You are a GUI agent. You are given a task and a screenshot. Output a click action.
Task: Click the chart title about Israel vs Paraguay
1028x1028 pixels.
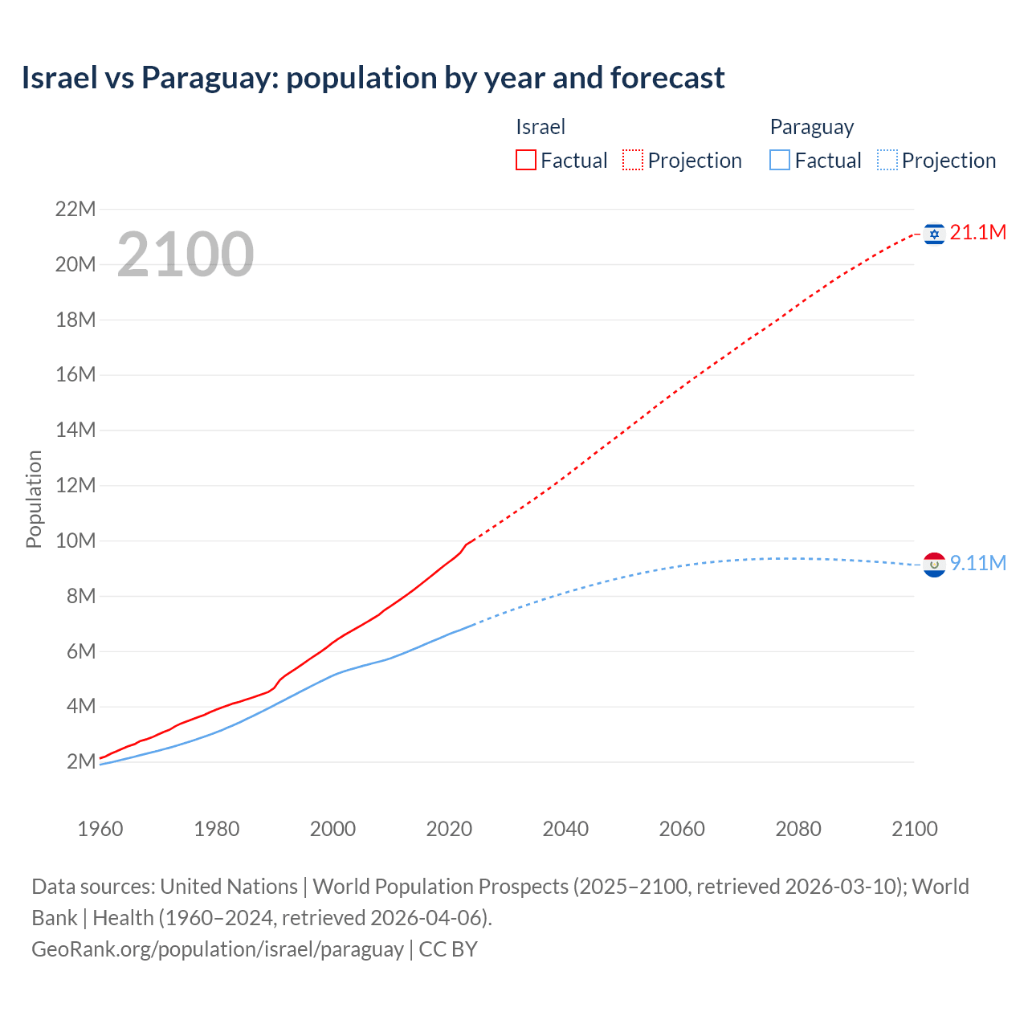tap(373, 78)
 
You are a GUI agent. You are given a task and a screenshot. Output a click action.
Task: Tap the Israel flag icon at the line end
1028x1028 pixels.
tap(933, 234)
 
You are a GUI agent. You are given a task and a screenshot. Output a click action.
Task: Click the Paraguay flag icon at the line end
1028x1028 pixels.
tap(933, 565)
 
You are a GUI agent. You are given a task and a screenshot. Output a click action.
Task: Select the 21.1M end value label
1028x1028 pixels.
tap(977, 233)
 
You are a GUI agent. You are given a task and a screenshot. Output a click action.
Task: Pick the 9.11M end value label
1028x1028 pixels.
tap(977, 563)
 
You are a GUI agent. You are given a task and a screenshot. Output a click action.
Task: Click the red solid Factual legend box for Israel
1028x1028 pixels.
tap(525, 161)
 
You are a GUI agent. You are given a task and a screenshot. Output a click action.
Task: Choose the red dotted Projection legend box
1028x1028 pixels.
tap(633, 161)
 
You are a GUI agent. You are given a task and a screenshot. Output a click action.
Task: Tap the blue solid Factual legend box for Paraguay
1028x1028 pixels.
tap(779, 161)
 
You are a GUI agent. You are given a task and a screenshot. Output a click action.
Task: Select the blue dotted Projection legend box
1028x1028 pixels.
tap(887, 161)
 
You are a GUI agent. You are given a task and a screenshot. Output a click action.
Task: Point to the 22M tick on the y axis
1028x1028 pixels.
tap(75, 210)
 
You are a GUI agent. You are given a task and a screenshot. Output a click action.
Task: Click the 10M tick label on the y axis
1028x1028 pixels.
tap(75, 541)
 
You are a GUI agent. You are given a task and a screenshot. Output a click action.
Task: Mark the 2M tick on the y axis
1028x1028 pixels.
tap(80, 761)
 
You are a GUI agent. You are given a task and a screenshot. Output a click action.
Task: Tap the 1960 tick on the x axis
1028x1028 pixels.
tap(100, 829)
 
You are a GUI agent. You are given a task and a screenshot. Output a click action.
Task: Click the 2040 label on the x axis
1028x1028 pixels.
tap(565, 829)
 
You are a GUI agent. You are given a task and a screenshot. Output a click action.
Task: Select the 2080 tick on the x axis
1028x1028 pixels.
tap(798, 829)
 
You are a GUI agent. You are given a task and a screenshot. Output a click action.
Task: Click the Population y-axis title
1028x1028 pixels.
tap(34, 499)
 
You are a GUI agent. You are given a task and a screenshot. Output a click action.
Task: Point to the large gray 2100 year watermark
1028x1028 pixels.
tap(186, 255)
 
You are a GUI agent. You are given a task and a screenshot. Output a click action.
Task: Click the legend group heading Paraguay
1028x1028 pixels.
tap(811, 127)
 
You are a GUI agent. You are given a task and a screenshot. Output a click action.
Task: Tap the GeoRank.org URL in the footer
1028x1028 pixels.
tap(217, 949)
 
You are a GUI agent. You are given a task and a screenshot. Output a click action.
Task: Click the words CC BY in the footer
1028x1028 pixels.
tap(448, 949)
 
